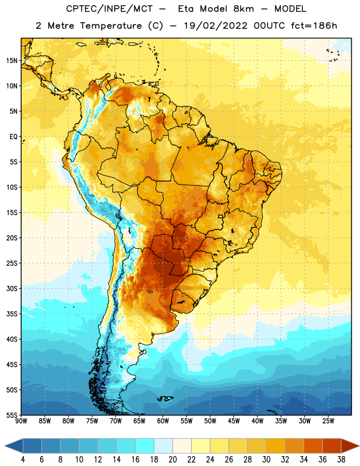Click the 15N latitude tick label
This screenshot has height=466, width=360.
pos(12,61)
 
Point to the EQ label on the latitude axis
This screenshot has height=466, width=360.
pos(13,137)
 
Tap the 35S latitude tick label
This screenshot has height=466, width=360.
pos(12,314)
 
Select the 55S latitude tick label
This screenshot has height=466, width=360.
pos(12,415)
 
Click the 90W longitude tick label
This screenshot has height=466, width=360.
pos(21,421)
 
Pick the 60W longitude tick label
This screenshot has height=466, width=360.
pos(163,421)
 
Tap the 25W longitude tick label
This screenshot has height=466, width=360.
pos(328,421)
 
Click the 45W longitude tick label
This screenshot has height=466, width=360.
pos(234,421)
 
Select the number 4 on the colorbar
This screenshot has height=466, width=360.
pos(23,460)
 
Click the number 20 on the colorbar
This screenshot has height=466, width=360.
pos(172,460)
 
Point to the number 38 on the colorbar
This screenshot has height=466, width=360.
pos(341,460)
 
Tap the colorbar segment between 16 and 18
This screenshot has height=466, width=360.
pos(144,446)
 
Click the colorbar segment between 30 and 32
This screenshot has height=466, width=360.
pos(276,446)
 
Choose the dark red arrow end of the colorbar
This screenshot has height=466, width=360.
pos(350,446)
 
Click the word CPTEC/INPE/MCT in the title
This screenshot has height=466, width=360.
pos(109,9)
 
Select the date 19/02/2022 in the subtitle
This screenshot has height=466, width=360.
pos(215,26)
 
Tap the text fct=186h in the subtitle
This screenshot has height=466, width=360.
pos(314,26)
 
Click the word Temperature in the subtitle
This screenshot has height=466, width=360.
pos(111,26)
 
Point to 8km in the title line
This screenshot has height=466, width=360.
pos(243,9)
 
